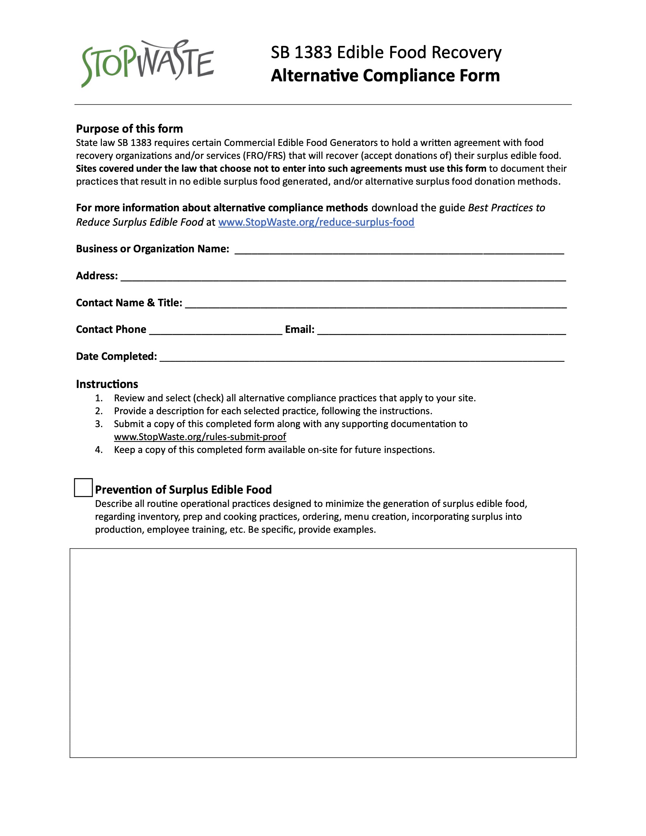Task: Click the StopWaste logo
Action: click(147, 63)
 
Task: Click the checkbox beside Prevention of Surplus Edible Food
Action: click(83, 487)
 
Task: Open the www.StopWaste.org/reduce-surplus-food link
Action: click(316, 222)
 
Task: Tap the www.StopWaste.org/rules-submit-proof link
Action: click(200, 437)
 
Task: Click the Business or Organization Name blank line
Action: click(399, 251)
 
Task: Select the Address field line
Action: click(343, 277)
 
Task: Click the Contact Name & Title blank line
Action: click(375, 305)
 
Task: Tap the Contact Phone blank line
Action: click(215, 331)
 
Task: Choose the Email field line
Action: click(441, 331)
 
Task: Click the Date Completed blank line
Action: click(362, 358)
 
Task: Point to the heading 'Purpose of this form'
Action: click(129, 128)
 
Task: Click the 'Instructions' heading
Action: click(107, 384)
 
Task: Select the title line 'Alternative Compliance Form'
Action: click(385, 75)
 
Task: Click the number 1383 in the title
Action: click(312, 52)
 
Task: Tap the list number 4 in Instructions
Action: click(99, 450)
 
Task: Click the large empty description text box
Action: click(323, 652)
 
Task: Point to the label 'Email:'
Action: click(300, 329)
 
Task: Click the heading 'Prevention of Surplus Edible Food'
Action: click(183, 489)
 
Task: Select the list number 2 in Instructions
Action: click(99, 411)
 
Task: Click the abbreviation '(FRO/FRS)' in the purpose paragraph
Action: click(266, 156)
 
